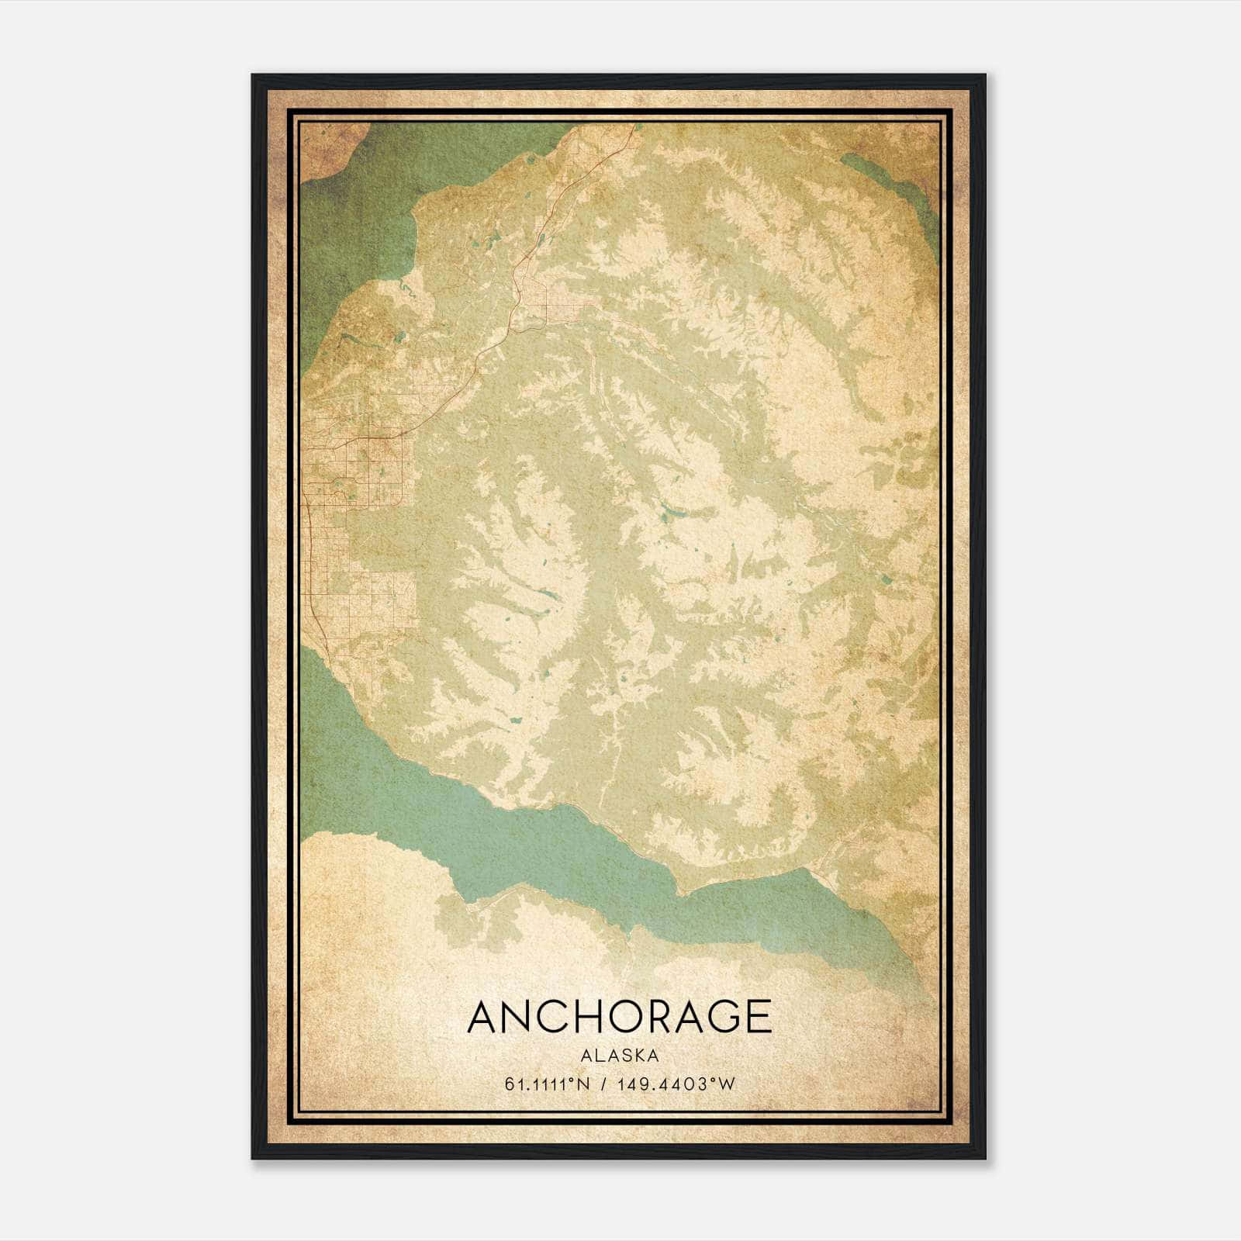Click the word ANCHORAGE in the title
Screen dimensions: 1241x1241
coord(619,1017)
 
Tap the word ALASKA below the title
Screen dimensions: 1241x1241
coord(619,1056)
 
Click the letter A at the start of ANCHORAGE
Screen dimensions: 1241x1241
coord(482,1017)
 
